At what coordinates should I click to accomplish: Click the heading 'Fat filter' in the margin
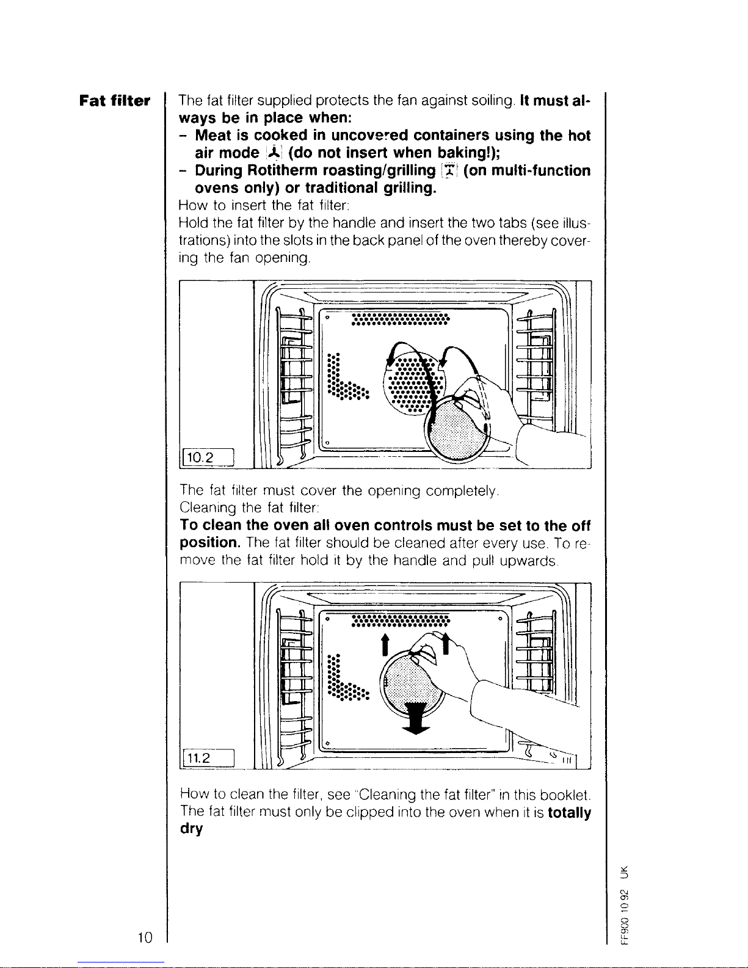(114, 101)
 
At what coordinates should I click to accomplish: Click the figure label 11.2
(199, 758)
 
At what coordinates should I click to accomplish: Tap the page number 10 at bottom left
(144, 937)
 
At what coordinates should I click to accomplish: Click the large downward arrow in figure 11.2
(415, 718)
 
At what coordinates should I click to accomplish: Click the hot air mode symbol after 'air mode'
(268, 153)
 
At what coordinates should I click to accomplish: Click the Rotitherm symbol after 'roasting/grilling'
(449, 170)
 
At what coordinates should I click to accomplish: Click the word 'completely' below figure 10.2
(463, 490)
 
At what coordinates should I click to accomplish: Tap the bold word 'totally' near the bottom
(569, 813)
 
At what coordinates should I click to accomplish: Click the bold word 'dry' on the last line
(191, 829)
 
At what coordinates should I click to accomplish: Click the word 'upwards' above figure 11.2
(528, 560)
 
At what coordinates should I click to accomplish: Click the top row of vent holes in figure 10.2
(400, 320)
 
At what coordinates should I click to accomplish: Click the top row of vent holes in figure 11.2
(400, 621)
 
